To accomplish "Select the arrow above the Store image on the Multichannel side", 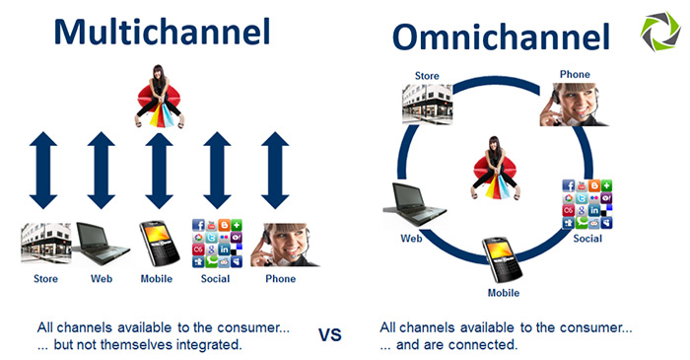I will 44,170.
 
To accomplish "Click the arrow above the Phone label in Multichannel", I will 275,170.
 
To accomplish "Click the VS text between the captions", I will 330,335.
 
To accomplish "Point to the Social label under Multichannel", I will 214,279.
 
